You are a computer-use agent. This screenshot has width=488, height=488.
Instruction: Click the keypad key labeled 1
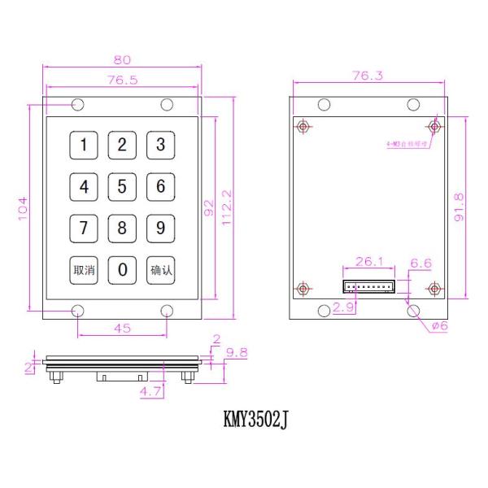[x=84, y=146]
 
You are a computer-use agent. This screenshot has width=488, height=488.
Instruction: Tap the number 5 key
[x=122, y=187]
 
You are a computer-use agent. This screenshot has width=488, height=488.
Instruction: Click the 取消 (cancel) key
[x=84, y=270]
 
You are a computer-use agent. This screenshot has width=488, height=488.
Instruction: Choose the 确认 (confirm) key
[x=160, y=270]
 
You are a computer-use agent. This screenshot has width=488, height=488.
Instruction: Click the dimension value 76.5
[x=123, y=80]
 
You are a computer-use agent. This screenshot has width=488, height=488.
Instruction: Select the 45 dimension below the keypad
[x=123, y=329]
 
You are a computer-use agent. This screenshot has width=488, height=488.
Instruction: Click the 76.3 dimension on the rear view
[x=368, y=76]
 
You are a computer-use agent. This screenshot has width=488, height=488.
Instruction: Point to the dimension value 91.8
[x=459, y=207]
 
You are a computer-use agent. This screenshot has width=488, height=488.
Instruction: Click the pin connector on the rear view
[x=368, y=287]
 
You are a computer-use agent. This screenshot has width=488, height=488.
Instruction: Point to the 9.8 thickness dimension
[x=237, y=352]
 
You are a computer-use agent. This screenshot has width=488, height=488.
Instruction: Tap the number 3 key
[x=160, y=146]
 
